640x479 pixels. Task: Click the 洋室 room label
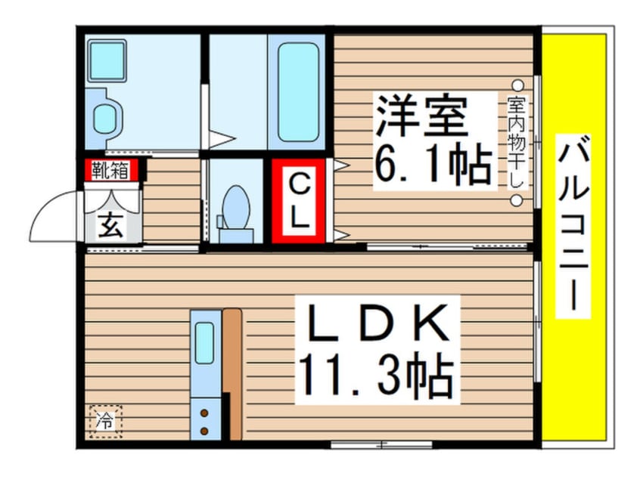click(421, 116)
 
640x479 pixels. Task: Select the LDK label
click(378, 323)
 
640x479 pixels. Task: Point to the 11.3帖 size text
click(376, 375)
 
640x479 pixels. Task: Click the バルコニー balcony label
click(573, 227)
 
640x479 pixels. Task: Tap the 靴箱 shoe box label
click(110, 170)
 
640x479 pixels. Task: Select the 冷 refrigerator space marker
click(106, 421)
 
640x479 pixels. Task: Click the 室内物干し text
click(517, 142)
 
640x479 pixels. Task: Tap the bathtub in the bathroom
click(298, 92)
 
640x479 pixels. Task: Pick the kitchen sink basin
click(204, 343)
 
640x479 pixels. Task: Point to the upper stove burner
click(204, 413)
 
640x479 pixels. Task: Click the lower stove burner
click(204, 431)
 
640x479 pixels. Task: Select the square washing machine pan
click(107, 60)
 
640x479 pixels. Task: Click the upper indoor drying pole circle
click(517, 85)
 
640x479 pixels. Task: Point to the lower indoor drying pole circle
click(517, 200)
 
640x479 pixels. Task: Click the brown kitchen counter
click(233, 374)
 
